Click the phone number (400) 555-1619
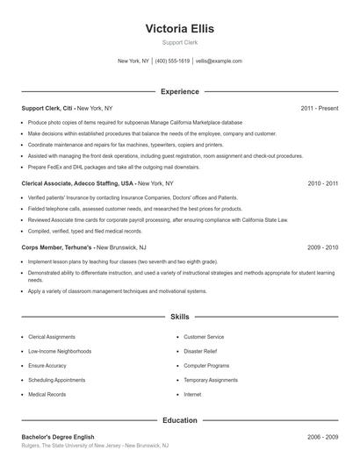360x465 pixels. click(x=172, y=61)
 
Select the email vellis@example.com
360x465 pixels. click(x=219, y=61)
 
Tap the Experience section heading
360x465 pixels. click(x=179, y=91)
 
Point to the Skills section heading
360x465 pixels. click(x=179, y=316)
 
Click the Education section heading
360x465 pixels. click(x=179, y=420)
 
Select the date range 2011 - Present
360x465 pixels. click(x=319, y=108)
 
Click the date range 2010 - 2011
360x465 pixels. click(x=322, y=183)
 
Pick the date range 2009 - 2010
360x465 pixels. click(x=322, y=247)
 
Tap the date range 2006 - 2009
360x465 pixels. click(x=322, y=437)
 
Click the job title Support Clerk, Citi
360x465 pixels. click(x=48, y=108)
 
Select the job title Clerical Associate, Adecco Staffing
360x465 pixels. click(x=77, y=183)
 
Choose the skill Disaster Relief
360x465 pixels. click(x=203, y=351)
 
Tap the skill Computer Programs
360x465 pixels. click(x=206, y=366)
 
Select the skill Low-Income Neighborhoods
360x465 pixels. click(x=60, y=351)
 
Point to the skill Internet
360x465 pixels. click(x=192, y=395)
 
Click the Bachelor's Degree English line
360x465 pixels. click(x=58, y=437)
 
